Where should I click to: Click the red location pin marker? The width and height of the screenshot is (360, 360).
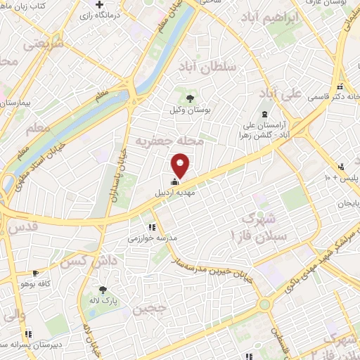pos(181,167)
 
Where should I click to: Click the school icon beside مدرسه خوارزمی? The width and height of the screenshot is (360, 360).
pos(152,226)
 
